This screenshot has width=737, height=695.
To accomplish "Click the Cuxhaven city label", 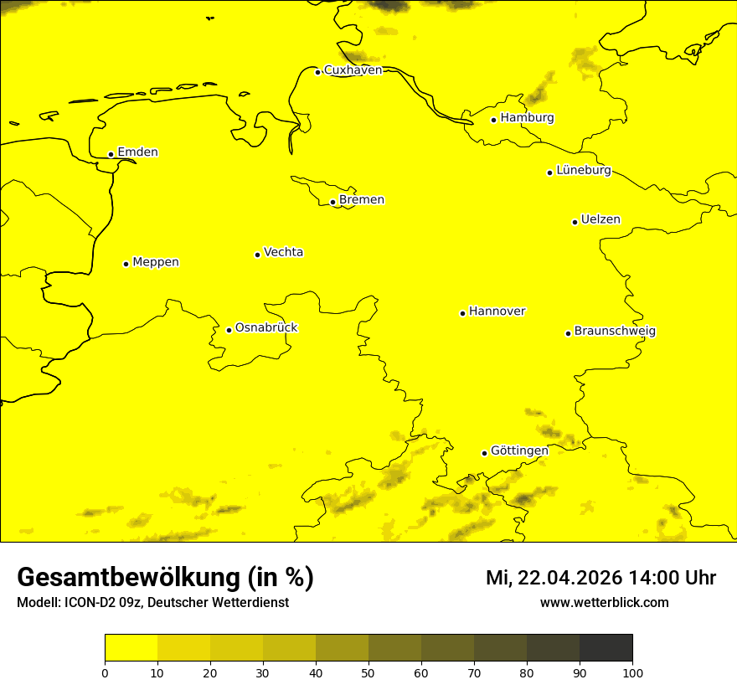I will coord(353,70).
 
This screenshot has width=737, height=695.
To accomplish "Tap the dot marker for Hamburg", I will coord(494,120).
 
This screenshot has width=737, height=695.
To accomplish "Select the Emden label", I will coord(137,152).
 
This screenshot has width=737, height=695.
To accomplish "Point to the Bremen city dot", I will coord(332,202).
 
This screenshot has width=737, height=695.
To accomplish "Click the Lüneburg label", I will coord(583,171).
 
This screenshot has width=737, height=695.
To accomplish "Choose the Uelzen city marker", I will coord(575,222).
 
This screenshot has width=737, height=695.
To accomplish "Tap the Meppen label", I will coord(156,262).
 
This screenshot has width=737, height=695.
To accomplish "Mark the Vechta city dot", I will coord(257,255).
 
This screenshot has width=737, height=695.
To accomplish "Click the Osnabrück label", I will coord(266,328).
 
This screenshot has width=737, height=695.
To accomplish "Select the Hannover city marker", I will coord(462,313).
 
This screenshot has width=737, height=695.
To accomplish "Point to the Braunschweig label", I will coord(615,332).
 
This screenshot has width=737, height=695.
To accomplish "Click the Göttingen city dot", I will coord(484,453).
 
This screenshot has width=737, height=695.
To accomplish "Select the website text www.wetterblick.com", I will coord(604,603).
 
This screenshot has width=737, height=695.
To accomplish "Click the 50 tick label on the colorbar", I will coord(368,672).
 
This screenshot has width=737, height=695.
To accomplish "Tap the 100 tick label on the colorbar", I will coord(632,672).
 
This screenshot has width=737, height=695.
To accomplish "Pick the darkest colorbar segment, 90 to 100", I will coord(606,648).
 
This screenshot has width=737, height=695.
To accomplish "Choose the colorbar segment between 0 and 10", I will coord(131,648).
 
